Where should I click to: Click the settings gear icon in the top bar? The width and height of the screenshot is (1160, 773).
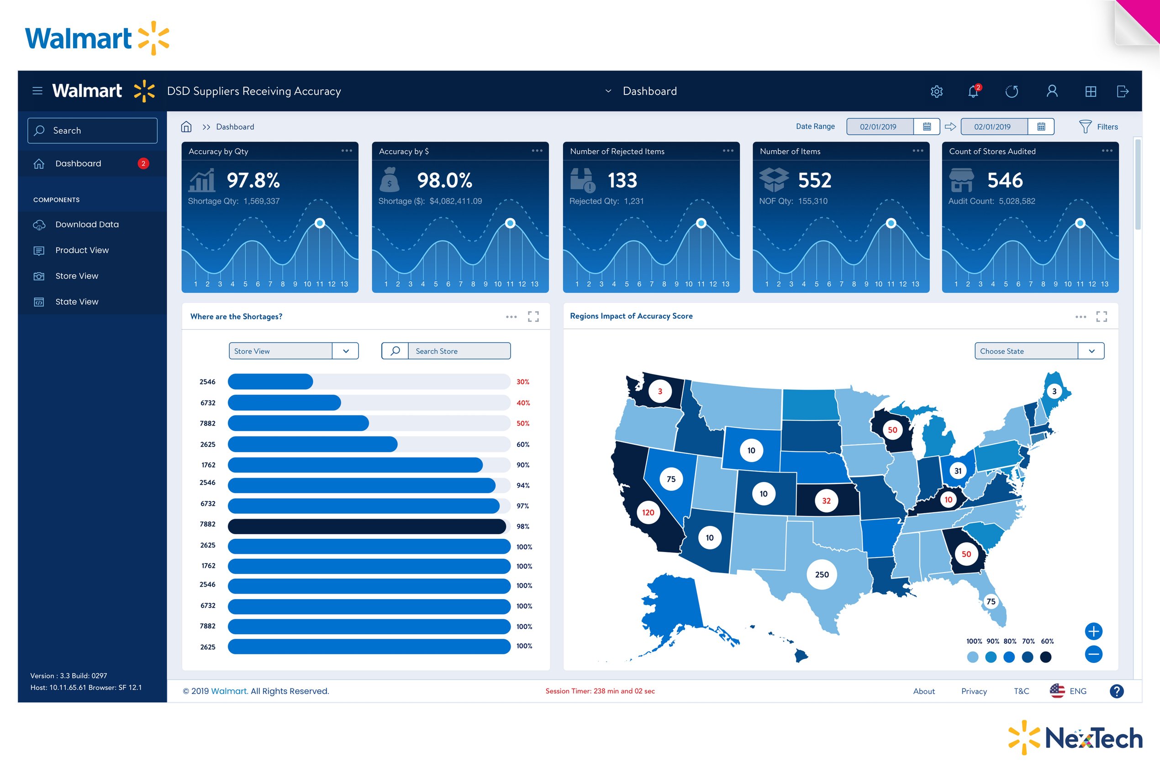click(936, 91)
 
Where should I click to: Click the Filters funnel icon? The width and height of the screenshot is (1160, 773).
click(1085, 126)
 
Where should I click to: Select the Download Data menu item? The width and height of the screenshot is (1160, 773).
click(87, 224)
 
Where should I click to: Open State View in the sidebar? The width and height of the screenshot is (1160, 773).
click(76, 302)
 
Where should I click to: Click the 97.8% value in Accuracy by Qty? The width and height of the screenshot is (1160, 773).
click(253, 180)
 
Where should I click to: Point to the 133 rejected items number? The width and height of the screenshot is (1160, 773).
click(622, 180)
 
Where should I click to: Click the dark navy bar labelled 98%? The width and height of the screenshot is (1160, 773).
click(367, 526)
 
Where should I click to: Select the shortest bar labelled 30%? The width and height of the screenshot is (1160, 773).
click(270, 382)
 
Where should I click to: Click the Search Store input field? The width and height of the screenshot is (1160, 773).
click(459, 351)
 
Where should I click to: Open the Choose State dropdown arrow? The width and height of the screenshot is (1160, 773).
click(1091, 351)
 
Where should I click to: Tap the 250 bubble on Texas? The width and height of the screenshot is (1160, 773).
click(821, 574)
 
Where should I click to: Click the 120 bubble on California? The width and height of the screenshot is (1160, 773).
click(648, 512)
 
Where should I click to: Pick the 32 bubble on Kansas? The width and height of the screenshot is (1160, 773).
click(826, 501)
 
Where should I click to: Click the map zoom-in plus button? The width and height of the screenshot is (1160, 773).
click(1093, 631)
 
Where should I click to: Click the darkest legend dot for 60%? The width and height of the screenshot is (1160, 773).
click(1045, 657)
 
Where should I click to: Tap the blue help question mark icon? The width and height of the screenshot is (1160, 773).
click(1116, 691)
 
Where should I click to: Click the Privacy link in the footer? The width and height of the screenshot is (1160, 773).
click(974, 691)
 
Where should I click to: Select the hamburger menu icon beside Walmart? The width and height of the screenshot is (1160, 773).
click(37, 91)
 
